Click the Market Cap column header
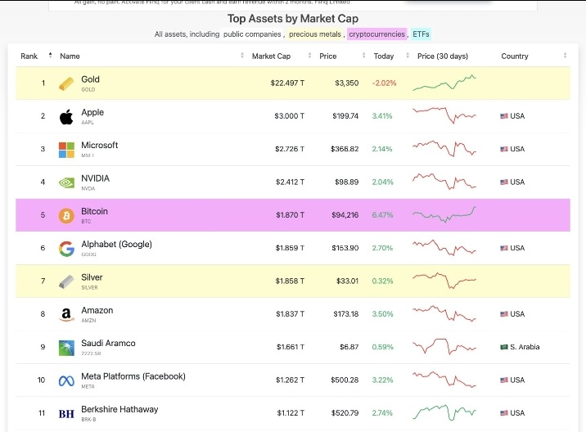point(270,56)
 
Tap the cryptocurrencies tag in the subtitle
point(376,34)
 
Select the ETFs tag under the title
point(421,34)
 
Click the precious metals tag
point(314,34)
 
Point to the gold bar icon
point(66,83)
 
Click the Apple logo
point(66,116)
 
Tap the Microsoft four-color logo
point(66,150)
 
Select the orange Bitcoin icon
point(66,215)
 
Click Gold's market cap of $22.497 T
point(287,83)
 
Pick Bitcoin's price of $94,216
point(341,215)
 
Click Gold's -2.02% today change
point(383,83)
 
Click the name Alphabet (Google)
point(116,245)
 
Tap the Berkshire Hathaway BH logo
point(66,413)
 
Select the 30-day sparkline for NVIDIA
point(444,182)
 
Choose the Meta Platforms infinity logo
point(66,380)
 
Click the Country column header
point(515,56)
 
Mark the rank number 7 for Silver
point(43,281)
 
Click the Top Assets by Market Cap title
point(292,19)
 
